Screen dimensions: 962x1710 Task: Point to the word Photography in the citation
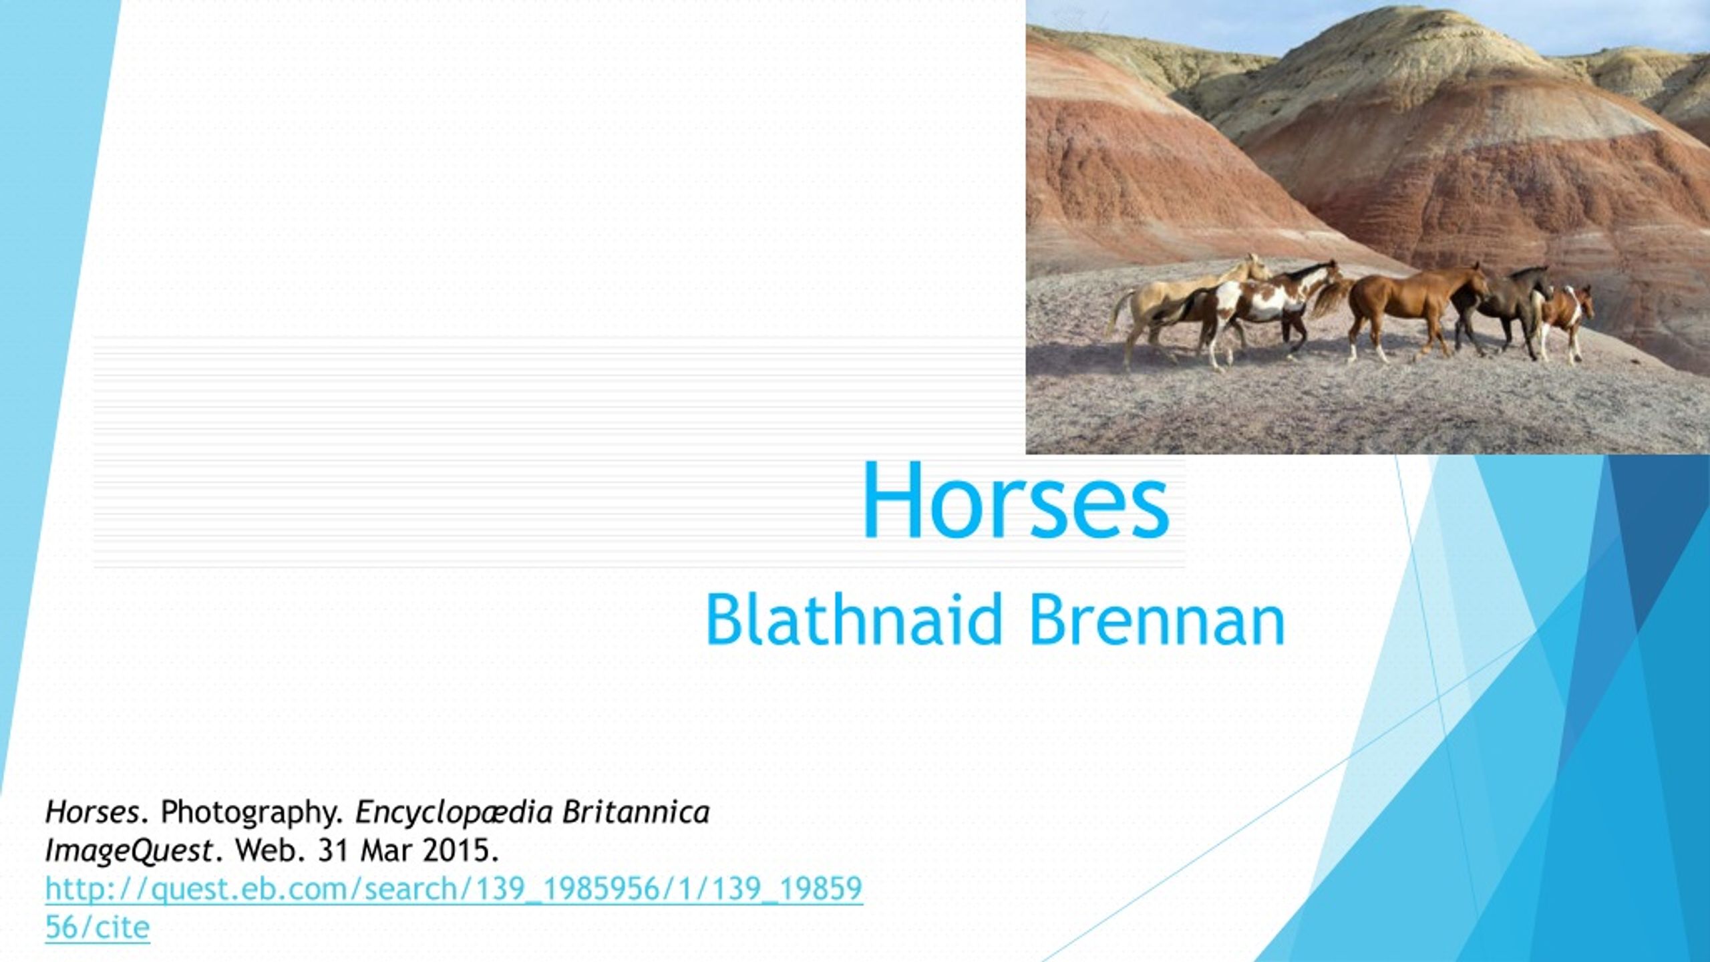[252, 812]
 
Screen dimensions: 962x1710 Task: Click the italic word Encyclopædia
[454, 812]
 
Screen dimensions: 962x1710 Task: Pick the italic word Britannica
[635, 812]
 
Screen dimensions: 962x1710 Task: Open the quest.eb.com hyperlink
[454, 889]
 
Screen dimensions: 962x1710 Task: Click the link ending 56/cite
[98, 927]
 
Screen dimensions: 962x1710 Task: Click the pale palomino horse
[1176, 301]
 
